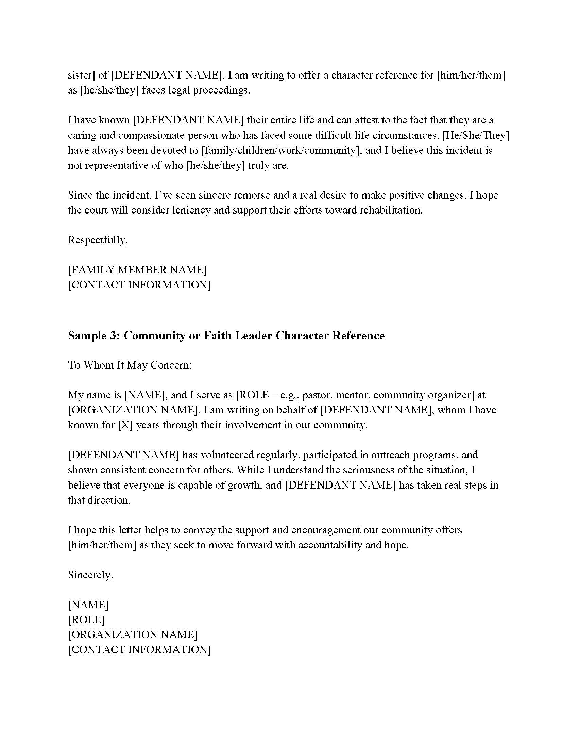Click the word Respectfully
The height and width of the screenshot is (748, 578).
[x=98, y=240]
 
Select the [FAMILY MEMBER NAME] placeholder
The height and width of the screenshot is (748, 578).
[x=137, y=270]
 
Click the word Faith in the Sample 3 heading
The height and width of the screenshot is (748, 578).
[x=218, y=335]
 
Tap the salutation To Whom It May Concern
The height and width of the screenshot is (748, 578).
[x=130, y=365]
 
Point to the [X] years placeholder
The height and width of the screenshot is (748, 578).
[x=125, y=425]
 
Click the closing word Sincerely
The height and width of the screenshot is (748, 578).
[x=90, y=575]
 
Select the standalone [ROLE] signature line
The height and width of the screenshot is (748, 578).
[x=86, y=619]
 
